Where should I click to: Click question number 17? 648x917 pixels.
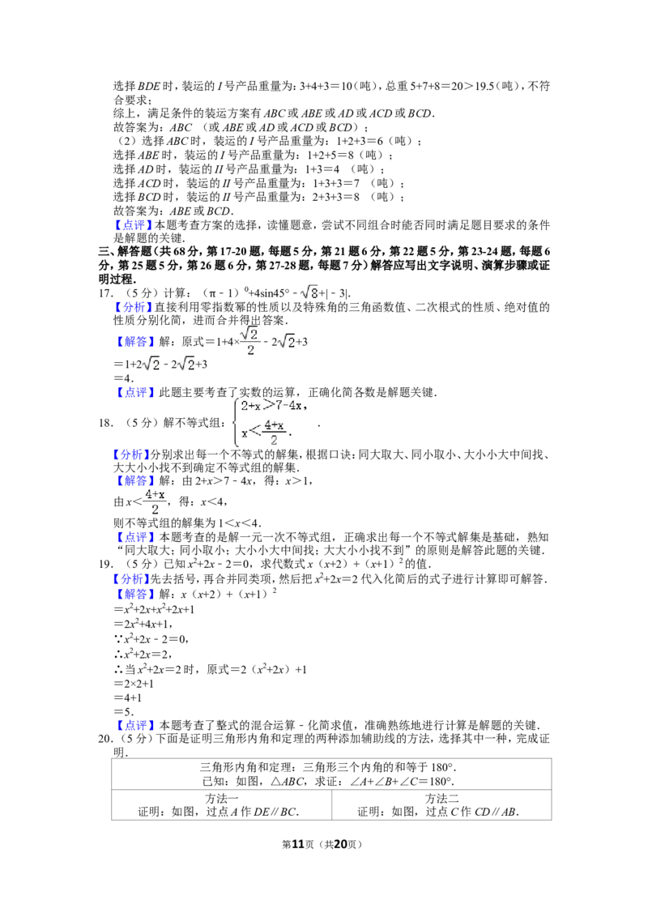[105, 293]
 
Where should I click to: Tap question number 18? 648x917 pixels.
[105, 423]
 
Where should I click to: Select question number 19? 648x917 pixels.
[105, 565]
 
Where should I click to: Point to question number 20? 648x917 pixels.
[105, 739]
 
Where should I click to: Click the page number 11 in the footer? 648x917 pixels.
[298, 844]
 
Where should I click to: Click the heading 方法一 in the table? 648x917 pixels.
[222, 798]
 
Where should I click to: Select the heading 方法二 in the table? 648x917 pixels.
[441, 798]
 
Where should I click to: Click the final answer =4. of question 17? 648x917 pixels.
[123, 378]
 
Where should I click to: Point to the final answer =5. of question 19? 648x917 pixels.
[123, 712]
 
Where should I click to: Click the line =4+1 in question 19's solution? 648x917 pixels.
[127, 697]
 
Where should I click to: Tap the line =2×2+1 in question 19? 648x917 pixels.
[134, 684]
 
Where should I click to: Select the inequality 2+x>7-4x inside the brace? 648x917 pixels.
[273, 405]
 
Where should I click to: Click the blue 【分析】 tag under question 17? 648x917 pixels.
[134, 308]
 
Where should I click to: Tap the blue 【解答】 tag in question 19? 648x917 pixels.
[134, 594]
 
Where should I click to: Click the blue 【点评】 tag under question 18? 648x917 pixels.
[134, 537]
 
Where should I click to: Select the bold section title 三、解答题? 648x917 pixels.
[125, 251]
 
